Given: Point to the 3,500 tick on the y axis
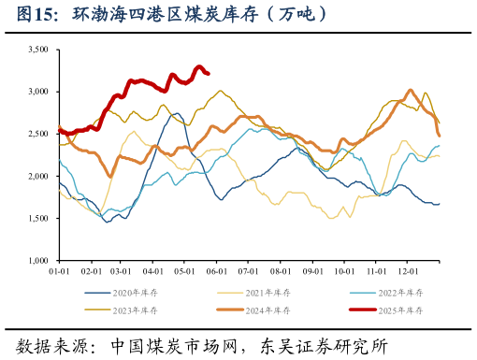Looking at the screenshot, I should coord(37,50).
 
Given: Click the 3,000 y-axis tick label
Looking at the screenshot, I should coord(37,92).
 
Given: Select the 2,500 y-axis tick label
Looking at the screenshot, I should coord(37,134).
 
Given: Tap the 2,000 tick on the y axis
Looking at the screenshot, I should coord(37,176).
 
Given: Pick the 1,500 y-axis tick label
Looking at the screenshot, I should coord(37,218).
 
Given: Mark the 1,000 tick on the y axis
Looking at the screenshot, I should coord(37,260).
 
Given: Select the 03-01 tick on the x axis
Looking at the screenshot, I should coord(122,271).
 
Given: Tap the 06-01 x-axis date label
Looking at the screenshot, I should coord(217,271).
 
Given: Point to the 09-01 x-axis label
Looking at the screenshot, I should coord(312,271).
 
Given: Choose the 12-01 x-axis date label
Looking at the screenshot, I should coord(408,271).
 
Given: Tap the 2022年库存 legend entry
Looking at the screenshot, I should coord(397,293).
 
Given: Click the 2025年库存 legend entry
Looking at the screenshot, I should coord(397,310).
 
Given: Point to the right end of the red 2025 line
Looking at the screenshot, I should coord(208,73).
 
